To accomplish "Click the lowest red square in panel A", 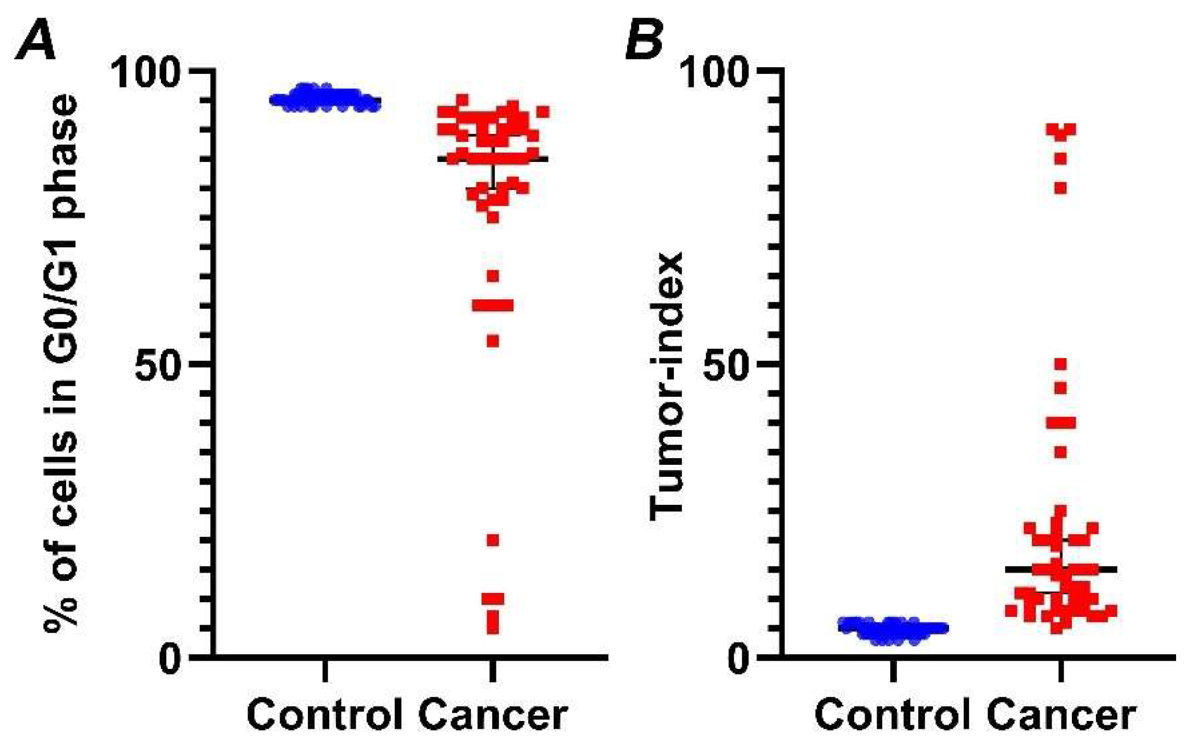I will (493, 627).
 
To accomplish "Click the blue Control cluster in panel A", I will (324, 99).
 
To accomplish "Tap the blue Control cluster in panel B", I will (892, 630).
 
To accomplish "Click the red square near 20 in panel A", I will (493, 540).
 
